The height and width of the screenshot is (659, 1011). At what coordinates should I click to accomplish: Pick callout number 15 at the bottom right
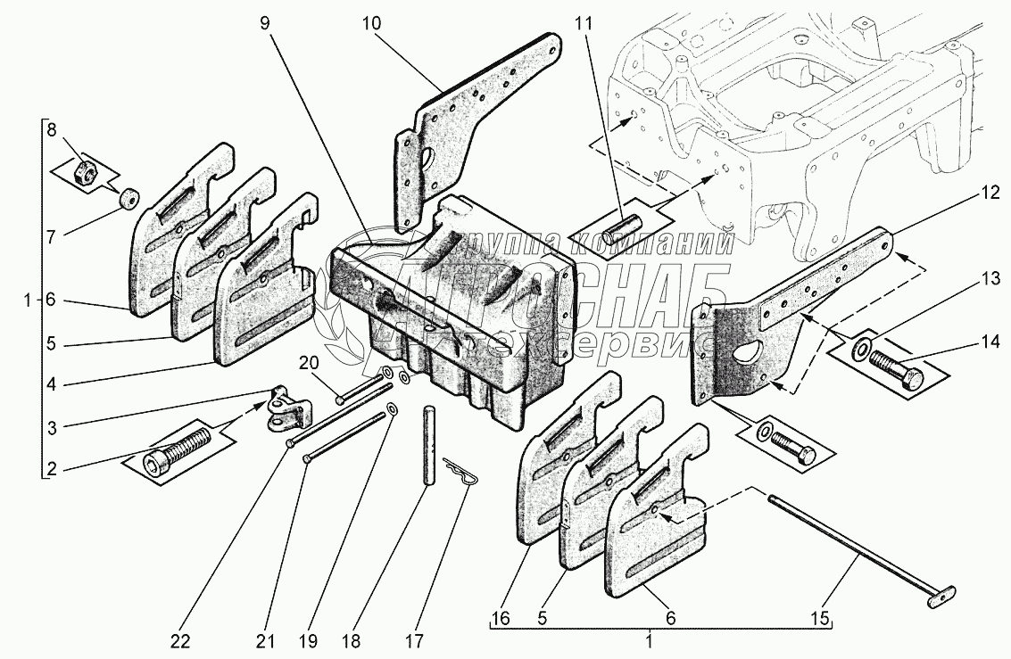[822, 618]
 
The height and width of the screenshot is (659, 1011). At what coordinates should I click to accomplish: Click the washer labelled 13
[861, 346]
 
